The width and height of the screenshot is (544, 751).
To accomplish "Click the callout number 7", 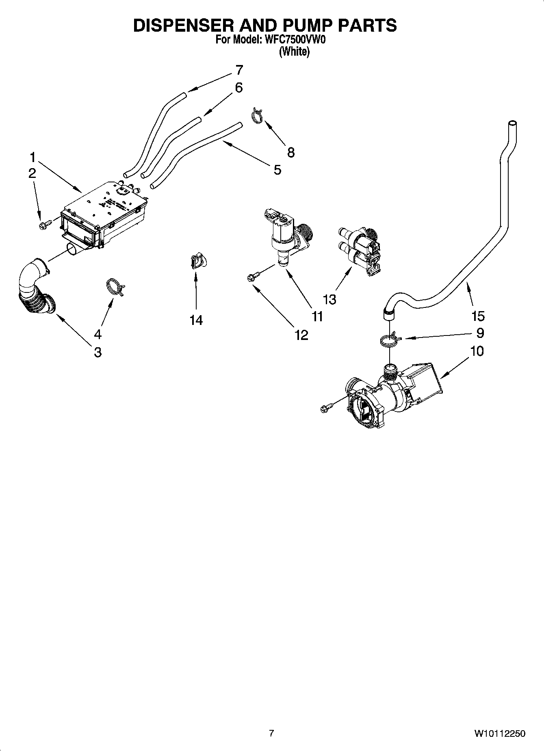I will pos(239,70).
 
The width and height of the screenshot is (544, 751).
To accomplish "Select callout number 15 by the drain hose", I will pos(478,316).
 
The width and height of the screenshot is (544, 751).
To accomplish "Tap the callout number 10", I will pos(477,351).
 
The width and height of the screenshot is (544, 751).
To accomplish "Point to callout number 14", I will pos(196,320).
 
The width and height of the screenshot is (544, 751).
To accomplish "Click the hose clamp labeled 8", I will pos(257,115).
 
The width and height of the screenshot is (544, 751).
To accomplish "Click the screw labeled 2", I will pos(44,223).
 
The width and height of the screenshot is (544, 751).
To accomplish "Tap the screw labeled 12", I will pos(251,277).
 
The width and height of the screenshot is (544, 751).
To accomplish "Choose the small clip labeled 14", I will pos(197,261).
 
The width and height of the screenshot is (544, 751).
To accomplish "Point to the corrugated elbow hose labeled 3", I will pos(35,290).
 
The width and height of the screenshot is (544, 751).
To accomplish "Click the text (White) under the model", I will pos(294,52).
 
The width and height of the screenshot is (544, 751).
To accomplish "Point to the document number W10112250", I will pos(499,733).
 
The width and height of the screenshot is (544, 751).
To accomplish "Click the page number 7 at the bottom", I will pos(271,733).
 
